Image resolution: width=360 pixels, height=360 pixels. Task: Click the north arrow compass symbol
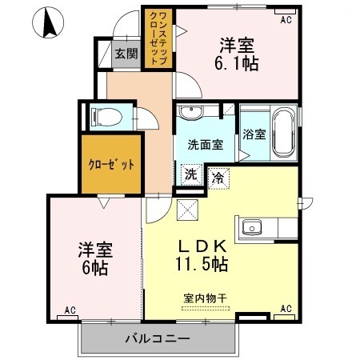48,22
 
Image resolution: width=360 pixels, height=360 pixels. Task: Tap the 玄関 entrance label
126,54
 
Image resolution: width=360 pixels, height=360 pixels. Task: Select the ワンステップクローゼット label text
159,38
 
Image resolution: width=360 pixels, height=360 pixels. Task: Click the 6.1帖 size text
237,63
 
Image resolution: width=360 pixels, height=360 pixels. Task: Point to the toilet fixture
106,117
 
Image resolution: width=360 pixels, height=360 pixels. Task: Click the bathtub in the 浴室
284,133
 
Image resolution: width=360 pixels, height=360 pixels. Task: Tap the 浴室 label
254,134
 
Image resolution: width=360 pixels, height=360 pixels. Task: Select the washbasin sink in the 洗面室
191,113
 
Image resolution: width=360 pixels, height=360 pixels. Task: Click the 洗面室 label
206,145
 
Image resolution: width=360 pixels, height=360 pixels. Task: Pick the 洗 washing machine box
191,174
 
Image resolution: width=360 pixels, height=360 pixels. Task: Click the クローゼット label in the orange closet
111,165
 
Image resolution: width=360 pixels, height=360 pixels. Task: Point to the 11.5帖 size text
202,264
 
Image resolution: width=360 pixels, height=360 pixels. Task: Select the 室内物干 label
206,298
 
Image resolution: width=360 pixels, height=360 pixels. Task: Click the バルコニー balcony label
158,338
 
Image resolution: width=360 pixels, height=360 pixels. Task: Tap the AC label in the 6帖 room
70,310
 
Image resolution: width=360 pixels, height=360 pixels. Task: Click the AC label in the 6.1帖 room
286,20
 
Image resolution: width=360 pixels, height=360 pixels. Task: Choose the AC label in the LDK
286,309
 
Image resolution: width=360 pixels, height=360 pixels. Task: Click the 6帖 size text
95,268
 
